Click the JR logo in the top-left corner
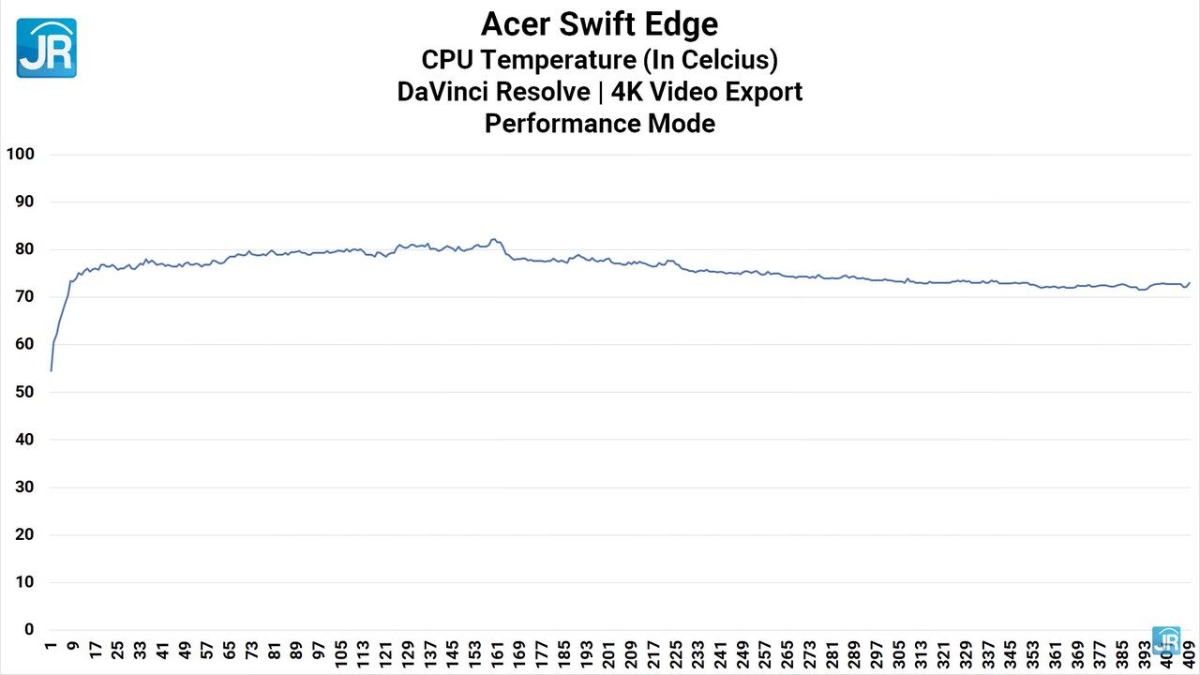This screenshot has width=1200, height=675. pos(46,47)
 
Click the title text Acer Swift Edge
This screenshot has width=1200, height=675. pos(599,23)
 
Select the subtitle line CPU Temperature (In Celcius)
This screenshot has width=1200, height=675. pos(599,59)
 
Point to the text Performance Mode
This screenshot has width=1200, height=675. pos(599,123)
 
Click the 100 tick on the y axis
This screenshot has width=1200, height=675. pos(20,154)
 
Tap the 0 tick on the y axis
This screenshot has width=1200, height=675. pos(29,629)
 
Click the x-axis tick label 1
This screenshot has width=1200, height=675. pos(51,646)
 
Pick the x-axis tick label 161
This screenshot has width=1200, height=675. pos(496,652)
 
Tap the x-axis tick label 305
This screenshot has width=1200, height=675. pos(897,652)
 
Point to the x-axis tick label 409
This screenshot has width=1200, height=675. pos(1187,652)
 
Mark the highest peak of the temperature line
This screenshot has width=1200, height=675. pos(494,239)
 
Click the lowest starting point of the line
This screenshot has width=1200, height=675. pos(51,370)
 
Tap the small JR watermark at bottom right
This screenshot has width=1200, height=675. pos(1165,639)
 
